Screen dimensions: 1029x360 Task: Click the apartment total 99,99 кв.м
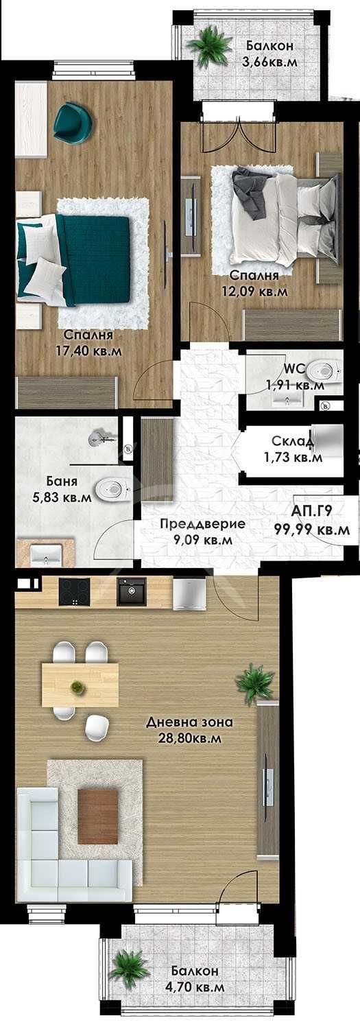pyautogui.click(x=312, y=530)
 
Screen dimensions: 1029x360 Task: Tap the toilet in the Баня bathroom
pyautogui.click(x=111, y=489)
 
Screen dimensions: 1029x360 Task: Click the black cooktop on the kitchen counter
pyautogui.click(x=73, y=591)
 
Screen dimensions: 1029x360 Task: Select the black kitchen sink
pyautogui.click(x=131, y=591)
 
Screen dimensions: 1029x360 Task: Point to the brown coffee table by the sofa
pyautogui.click(x=97, y=816)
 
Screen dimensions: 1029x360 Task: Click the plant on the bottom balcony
pyautogui.click(x=126, y=968)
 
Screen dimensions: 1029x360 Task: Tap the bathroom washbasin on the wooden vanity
pyautogui.click(x=45, y=554)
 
